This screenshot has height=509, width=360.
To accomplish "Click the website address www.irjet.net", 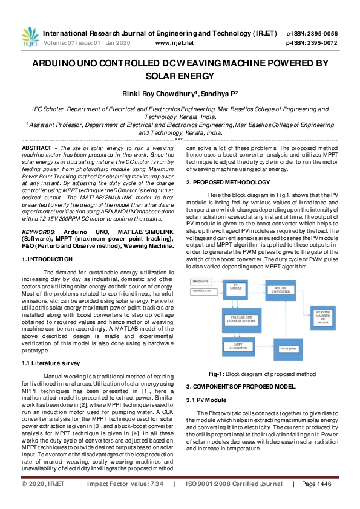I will (175, 44).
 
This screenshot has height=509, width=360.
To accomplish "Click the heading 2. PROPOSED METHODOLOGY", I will (228, 182).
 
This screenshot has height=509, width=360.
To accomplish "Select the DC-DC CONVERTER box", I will (284, 288).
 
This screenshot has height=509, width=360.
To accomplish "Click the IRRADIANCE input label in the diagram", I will (201, 282).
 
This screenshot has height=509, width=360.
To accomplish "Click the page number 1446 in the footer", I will (324, 501).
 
